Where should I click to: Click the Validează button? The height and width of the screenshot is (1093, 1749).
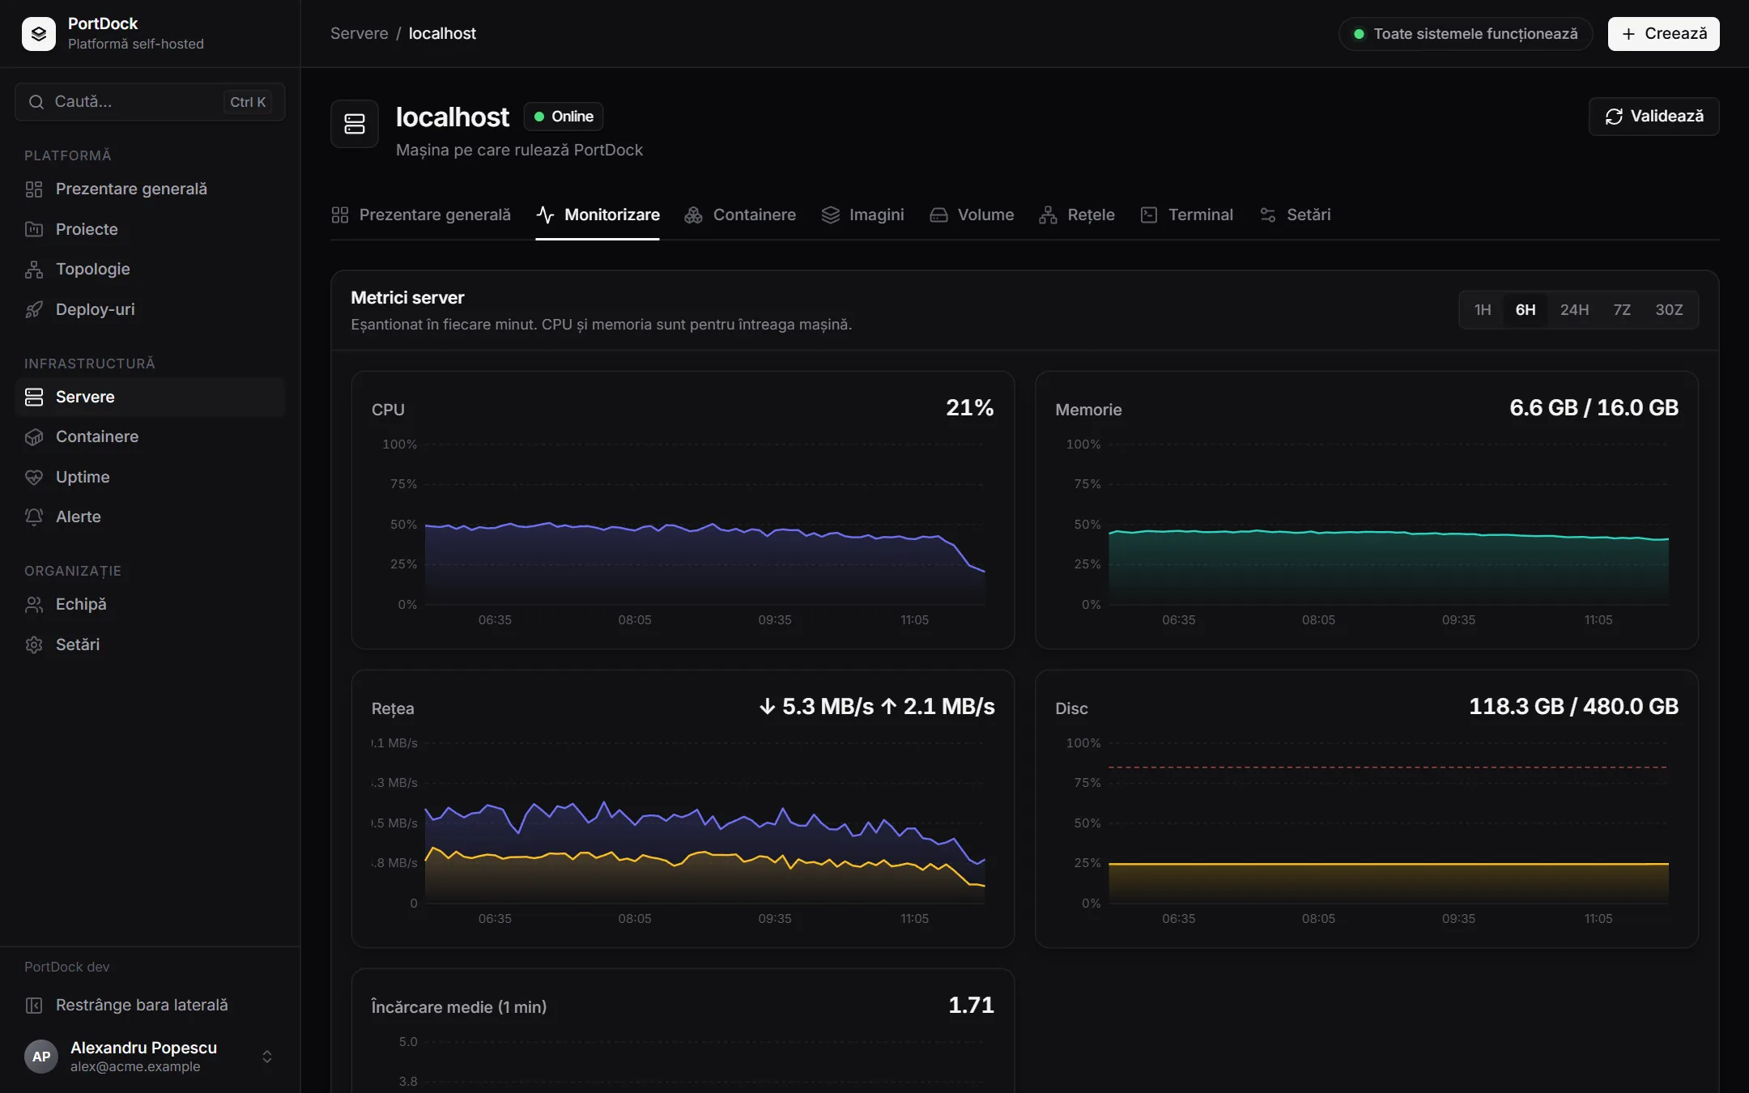tap(1653, 117)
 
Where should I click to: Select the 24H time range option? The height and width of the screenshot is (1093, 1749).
tap(1574, 310)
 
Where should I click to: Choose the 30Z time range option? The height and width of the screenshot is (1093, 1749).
tap(1669, 310)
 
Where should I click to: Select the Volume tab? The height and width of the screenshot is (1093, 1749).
tap(972, 215)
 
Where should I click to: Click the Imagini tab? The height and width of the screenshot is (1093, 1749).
tap(862, 215)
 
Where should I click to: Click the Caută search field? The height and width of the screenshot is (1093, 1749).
tap(150, 102)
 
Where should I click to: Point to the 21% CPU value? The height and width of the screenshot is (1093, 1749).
tap(969, 407)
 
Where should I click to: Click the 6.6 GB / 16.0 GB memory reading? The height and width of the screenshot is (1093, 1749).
tap(1594, 407)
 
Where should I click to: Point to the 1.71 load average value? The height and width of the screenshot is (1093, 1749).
tap(971, 1005)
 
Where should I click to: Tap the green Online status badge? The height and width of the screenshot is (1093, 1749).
tap(564, 117)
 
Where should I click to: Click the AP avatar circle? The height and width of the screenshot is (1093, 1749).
tap(41, 1057)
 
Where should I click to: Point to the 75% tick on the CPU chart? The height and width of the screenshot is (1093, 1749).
tap(403, 484)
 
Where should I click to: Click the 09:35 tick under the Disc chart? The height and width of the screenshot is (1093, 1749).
tap(1458, 918)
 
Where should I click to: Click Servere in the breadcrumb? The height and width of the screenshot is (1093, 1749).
tap(359, 33)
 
